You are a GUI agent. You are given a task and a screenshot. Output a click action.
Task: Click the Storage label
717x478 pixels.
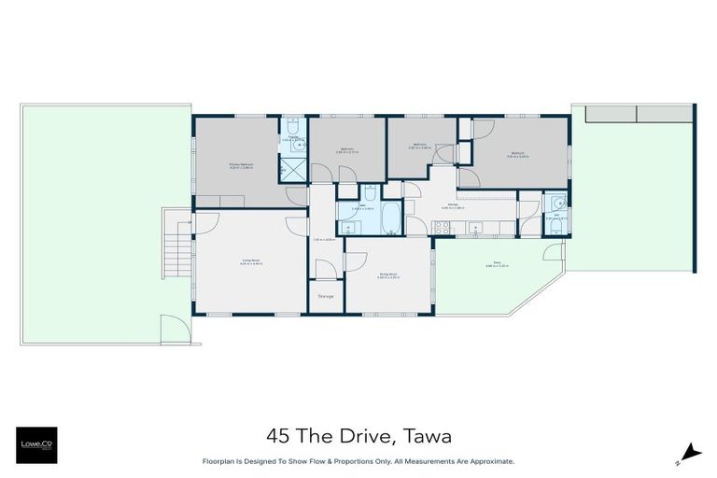click(326, 296)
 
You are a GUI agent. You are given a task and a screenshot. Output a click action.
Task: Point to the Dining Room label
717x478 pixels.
click(388, 274)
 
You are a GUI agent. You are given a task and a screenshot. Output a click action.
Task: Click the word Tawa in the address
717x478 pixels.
click(430, 436)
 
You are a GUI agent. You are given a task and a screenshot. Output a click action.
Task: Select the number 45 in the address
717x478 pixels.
click(276, 436)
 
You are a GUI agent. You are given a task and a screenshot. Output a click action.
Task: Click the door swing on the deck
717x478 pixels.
click(555, 253)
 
